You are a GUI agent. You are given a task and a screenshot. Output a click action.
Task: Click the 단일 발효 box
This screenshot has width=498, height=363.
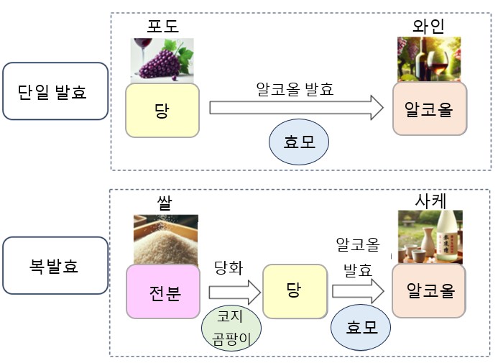55,91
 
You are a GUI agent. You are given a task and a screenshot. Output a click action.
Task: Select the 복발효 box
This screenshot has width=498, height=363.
55,267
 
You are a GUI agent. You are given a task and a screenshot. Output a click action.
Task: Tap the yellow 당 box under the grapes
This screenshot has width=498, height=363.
162,110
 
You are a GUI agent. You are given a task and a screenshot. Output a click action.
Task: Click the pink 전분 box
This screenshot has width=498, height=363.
163,291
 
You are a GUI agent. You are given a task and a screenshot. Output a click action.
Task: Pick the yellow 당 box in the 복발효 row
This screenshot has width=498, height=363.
292,291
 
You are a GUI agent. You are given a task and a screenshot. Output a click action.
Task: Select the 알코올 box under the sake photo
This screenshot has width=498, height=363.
429,291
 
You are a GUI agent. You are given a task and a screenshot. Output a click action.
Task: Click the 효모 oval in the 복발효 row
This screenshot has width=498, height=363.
361,326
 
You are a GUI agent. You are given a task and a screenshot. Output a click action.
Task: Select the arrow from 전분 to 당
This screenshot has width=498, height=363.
234,292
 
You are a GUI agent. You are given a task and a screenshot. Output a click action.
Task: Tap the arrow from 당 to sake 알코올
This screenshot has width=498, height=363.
358,292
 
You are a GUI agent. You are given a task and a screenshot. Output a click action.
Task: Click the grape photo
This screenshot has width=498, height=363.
162,58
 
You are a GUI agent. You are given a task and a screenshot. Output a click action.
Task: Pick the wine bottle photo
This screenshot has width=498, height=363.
429,59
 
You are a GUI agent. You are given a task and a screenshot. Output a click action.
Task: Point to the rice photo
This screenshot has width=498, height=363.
166,239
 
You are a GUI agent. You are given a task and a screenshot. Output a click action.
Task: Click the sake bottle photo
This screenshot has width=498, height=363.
430,237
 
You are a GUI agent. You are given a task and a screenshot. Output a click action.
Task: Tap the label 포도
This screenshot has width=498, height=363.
162,27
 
